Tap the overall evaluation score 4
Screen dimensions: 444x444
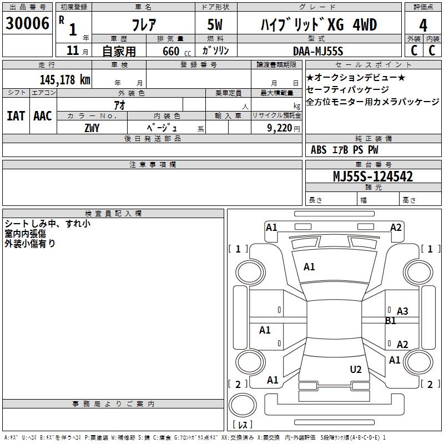(x=423, y=25)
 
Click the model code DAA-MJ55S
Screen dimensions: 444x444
(x=318, y=51)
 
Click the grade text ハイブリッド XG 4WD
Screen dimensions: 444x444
(x=319, y=25)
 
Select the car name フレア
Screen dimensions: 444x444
(x=143, y=25)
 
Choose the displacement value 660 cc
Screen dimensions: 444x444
(x=167, y=51)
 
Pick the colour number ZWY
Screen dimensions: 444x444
(x=92, y=128)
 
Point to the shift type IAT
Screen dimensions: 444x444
(x=16, y=116)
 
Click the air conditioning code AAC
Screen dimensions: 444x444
(x=42, y=116)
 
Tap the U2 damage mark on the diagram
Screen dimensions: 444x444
(x=356, y=369)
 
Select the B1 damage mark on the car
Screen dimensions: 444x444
(x=391, y=320)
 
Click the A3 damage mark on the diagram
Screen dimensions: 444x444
(x=402, y=311)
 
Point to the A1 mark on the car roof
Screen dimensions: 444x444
(x=309, y=267)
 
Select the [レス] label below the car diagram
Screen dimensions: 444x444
(x=243, y=425)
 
